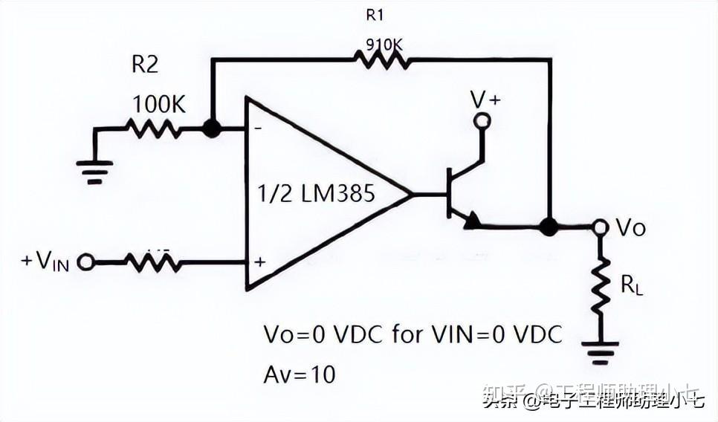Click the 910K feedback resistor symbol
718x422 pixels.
click(382, 59)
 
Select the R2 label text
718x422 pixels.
click(145, 65)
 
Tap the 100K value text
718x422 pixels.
click(158, 105)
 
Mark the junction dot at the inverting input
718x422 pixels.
click(212, 129)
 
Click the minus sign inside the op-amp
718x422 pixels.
click(259, 129)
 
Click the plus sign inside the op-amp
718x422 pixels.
click(259, 262)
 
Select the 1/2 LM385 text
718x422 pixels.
click(316, 195)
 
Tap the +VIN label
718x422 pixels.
click(45, 262)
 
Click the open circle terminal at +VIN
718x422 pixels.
click(85, 262)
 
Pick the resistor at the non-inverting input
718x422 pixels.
click(152, 262)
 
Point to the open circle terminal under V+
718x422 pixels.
click(482, 121)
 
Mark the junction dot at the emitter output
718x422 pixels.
click(549, 227)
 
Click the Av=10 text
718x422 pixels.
click(300, 374)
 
